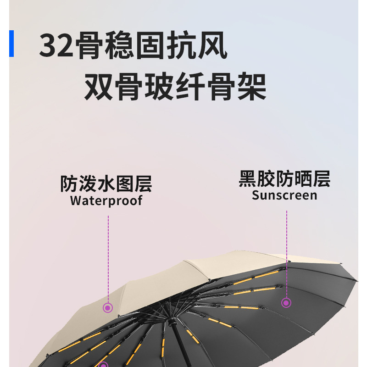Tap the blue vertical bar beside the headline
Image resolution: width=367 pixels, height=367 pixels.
click(11, 44)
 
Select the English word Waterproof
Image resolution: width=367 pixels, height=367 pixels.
click(106, 200)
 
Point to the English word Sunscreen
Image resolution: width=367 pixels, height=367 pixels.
click(284, 195)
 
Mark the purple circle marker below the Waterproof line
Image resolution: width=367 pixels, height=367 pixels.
click(108, 308)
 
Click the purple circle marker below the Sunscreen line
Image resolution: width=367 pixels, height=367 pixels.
click(286, 302)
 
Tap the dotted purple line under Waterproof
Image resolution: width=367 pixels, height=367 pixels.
click(108, 257)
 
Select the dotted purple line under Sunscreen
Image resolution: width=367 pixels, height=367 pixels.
click(286, 252)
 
